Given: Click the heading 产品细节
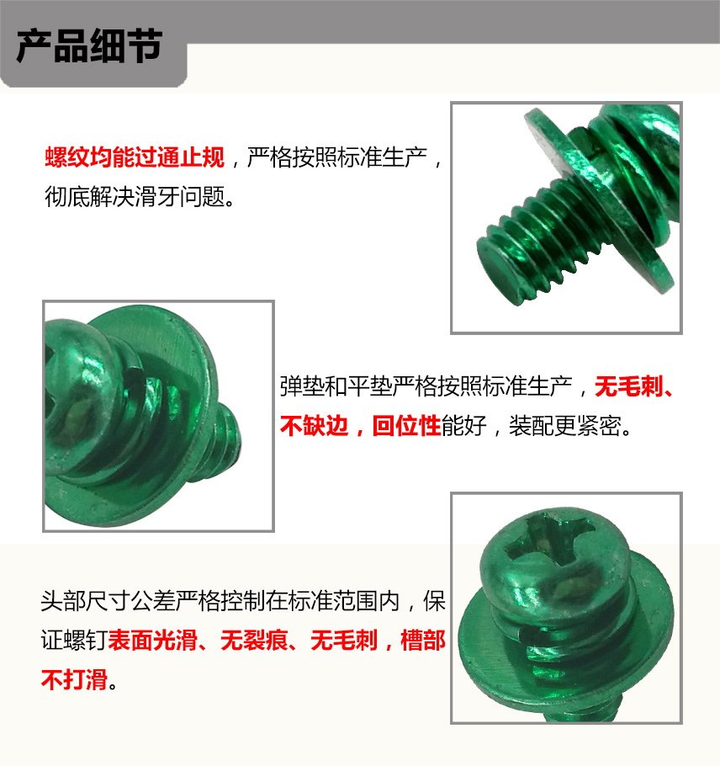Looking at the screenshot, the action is (x=89, y=46).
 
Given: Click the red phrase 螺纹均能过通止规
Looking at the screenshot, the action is (x=135, y=157).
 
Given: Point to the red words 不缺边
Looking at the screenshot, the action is (x=314, y=426).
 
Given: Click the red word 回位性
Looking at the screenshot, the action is (x=406, y=426).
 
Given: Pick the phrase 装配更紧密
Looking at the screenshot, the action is (x=565, y=426).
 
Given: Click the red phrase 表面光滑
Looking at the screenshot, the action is (x=153, y=640).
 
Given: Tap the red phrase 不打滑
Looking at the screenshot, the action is (x=74, y=679).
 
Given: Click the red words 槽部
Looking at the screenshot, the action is (x=423, y=640).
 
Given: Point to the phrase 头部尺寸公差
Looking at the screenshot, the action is (x=108, y=601).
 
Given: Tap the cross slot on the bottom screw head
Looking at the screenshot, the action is (x=549, y=540).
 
